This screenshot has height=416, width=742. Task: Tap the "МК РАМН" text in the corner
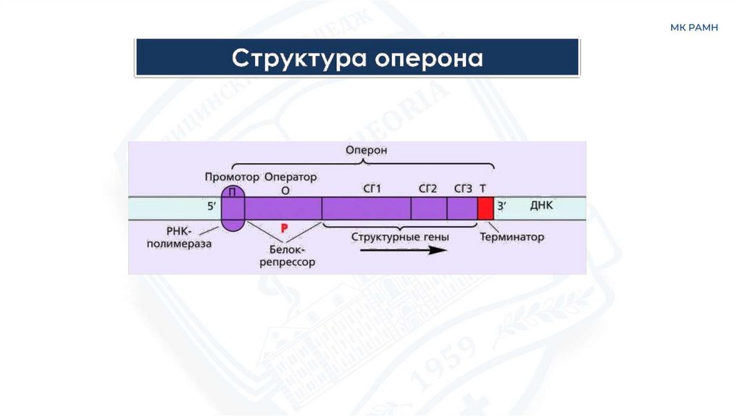[693, 28]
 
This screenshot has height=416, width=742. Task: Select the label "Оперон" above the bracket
[367, 150]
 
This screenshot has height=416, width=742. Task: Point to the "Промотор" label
[231, 177]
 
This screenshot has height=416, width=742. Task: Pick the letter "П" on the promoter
[233, 191]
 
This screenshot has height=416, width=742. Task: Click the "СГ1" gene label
[372, 189]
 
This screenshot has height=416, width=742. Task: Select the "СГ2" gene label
[428, 189]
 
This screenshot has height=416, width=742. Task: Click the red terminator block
[485, 208]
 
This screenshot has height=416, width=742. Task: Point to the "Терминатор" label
[512, 236]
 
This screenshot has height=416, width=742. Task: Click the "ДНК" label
[541, 206]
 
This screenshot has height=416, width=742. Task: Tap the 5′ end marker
[212, 207]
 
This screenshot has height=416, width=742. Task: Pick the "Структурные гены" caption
[400, 236]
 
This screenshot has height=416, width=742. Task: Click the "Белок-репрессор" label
[288, 256]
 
